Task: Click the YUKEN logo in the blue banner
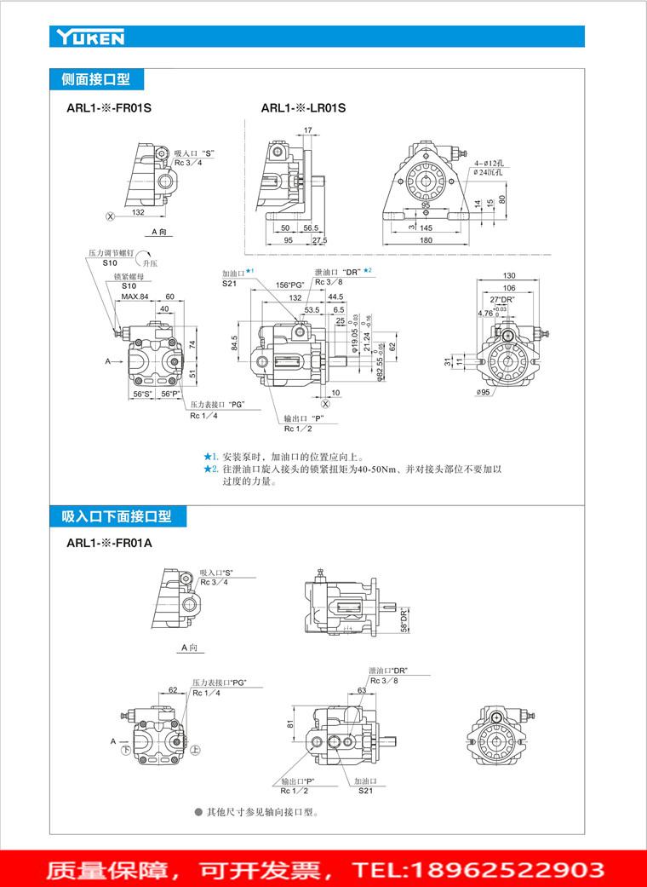click(90, 37)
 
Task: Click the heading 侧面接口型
click(95, 80)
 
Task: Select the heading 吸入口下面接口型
click(116, 516)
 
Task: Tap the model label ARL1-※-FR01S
click(108, 108)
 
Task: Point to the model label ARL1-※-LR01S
click(303, 108)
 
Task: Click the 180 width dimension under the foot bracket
click(426, 241)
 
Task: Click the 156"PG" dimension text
click(290, 285)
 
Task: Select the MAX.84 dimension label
click(135, 297)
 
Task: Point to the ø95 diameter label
click(485, 392)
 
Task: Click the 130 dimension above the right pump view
click(509, 275)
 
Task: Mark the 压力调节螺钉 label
click(112, 254)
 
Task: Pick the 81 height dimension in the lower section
click(290, 724)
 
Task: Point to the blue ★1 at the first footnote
click(209, 457)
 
